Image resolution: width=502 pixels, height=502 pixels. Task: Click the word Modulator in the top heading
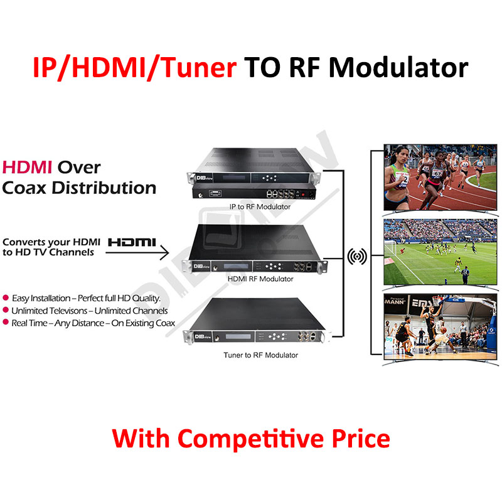coord(398,68)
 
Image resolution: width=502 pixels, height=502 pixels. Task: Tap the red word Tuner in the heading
coord(200,68)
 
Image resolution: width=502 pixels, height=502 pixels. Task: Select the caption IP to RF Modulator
coord(260,207)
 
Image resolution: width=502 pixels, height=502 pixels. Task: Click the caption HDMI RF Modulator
coord(260,279)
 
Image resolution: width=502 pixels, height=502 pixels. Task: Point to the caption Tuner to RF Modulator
coord(260,355)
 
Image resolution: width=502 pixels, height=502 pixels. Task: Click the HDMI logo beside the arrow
coord(132,242)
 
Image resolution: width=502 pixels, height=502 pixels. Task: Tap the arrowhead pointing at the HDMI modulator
coord(164,253)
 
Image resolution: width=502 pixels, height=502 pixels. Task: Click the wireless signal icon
coord(357,256)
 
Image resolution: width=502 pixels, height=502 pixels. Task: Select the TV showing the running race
coord(441,178)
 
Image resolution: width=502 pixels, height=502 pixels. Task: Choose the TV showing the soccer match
coord(441,252)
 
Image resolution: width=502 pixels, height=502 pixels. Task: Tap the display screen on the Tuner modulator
coord(238,336)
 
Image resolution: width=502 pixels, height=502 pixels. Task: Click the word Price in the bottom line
coord(361,438)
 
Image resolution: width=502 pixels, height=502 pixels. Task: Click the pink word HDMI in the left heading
coord(27,168)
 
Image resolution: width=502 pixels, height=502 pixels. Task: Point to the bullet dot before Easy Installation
coord(6,297)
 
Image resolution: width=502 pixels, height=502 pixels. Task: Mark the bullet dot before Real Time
coord(6,322)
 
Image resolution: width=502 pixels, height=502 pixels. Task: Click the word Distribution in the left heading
coord(104,188)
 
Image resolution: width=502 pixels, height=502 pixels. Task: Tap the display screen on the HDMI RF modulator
coord(236,266)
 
